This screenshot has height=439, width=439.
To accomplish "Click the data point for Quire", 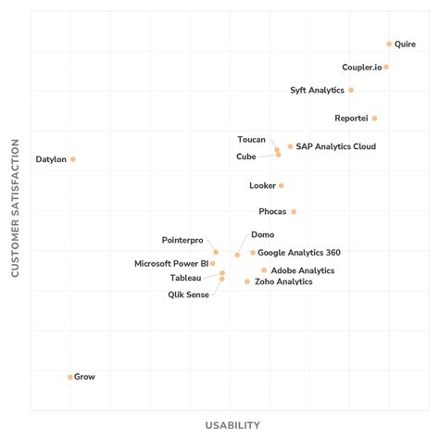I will (389, 44).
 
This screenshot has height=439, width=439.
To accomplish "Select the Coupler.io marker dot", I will (386, 67).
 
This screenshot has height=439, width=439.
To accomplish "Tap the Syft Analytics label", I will (317, 90).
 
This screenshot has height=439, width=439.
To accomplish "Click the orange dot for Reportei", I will (374, 119).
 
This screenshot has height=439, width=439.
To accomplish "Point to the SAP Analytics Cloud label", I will (335, 146).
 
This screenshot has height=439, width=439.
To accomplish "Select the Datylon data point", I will (73, 159).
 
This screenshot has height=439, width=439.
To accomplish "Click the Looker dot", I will (282, 185).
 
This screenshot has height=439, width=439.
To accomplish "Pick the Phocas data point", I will (294, 211).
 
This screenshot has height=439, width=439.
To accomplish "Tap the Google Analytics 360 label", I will (298, 252).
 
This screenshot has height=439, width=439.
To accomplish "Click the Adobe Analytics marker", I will (264, 270).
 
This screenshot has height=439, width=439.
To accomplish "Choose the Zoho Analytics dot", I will (247, 282).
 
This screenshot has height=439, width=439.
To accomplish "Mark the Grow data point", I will (70, 377).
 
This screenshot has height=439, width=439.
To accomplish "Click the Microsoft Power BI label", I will (171, 263).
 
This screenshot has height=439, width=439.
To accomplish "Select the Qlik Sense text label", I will (188, 295).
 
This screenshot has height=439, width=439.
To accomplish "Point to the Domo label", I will (262, 235).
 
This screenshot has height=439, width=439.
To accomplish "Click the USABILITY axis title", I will (232, 425).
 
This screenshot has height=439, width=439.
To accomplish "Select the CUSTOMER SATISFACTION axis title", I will (15, 208).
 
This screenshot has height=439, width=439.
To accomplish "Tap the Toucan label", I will (251, 139).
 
